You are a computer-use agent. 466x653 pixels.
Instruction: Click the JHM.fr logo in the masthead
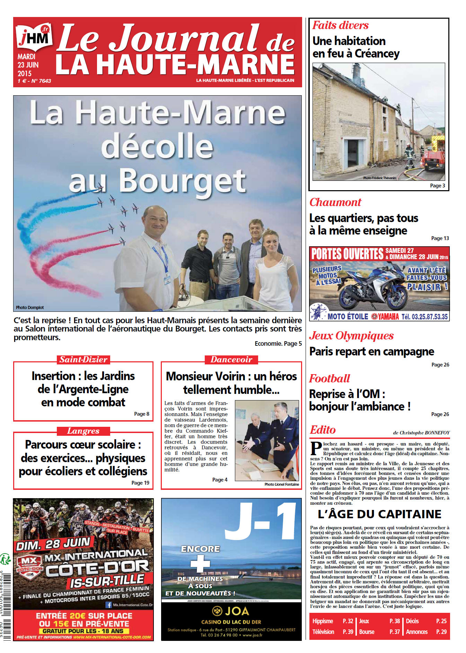(x=34, y=36)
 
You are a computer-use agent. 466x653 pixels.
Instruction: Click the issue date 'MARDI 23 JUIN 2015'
(x=28, y=65)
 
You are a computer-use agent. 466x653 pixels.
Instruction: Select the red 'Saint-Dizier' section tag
(x=83, y=360)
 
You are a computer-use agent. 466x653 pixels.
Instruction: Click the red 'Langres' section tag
(x=83, y=431)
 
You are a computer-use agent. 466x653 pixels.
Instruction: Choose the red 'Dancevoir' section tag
(x=231, y=360)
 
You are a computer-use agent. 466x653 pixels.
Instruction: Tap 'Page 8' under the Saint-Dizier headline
(x=142, y=414)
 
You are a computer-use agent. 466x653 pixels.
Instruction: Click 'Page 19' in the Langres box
(x=140, y=483)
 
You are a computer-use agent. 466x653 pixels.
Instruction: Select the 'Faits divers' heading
(x=340, y=25)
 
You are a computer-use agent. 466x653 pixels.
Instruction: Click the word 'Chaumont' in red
(x=335, y=202)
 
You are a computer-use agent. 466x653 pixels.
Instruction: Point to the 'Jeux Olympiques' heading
(x=351, y=336)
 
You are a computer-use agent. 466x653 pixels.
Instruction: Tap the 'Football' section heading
(x=329, y=378)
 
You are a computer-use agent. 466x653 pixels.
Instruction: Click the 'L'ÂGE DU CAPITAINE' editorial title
(x=379, y=514)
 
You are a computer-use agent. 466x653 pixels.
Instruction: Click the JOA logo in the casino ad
(x=231, y=611)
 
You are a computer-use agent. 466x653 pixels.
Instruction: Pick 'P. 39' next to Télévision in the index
(x=348, y=632)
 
